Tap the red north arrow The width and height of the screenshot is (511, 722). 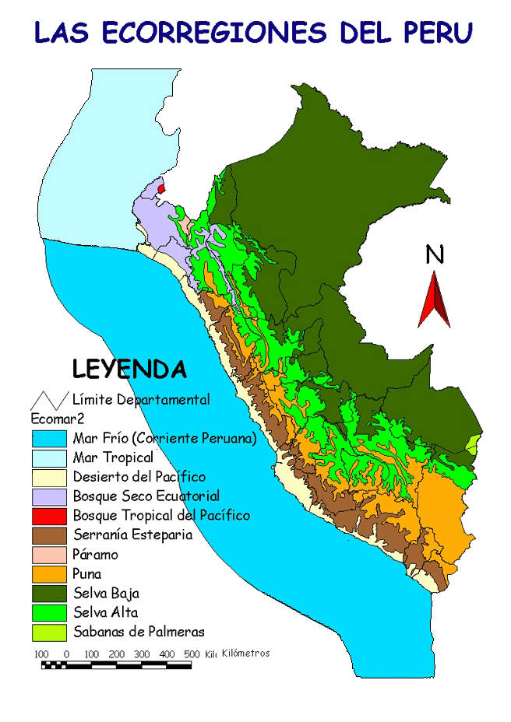434,300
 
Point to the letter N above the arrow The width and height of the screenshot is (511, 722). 435,254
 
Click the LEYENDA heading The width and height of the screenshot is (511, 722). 129,368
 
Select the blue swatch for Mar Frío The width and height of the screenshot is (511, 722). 48,438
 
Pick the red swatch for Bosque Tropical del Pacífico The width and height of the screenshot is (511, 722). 48,515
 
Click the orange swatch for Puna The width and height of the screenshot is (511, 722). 48,573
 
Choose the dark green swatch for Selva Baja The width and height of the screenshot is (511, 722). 48,593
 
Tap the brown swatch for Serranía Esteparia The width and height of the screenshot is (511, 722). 48,534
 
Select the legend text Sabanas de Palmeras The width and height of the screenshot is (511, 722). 138,632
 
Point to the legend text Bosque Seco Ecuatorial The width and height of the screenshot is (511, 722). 146,496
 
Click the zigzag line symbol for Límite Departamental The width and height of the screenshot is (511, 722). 48,400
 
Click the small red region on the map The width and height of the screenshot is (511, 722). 161,188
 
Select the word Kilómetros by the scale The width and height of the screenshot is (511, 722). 245,653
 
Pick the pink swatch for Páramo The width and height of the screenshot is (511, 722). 48,554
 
